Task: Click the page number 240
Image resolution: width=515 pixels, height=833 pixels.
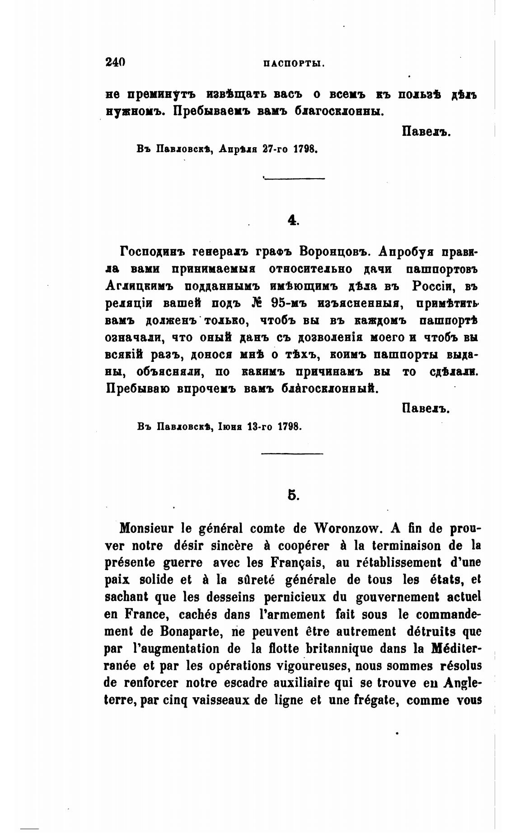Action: tap(115, 62)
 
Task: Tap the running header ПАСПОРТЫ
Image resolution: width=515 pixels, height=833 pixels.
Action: tap(294, 64)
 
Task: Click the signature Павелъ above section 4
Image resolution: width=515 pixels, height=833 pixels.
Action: tap(426, 132)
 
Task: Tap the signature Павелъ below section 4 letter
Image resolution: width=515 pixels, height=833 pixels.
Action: tap(426, 409)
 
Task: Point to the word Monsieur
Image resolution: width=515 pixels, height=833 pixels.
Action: tap(140, 528)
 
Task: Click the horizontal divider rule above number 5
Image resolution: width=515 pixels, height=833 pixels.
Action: tap(293, 454)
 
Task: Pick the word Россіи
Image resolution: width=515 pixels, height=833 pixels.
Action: tap(431, 286)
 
